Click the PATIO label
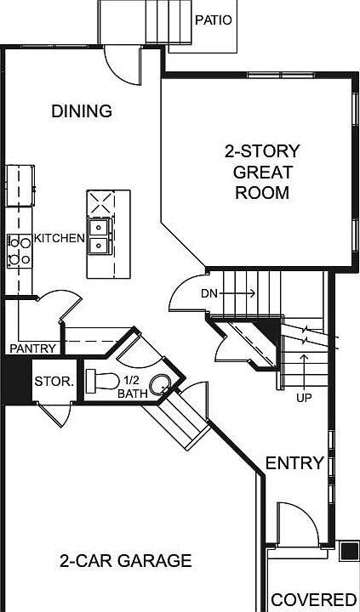213,19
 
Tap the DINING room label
82,111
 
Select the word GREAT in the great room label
262,173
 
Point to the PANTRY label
32,348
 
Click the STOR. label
54,382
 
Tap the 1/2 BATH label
132,387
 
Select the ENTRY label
294,463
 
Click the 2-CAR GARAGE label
125,561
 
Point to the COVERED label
313,598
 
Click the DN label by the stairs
210,293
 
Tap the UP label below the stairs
302,397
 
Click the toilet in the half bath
106,380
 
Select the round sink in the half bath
161,383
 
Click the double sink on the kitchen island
100,235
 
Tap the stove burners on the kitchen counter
19,251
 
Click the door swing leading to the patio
121,65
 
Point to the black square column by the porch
348,551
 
